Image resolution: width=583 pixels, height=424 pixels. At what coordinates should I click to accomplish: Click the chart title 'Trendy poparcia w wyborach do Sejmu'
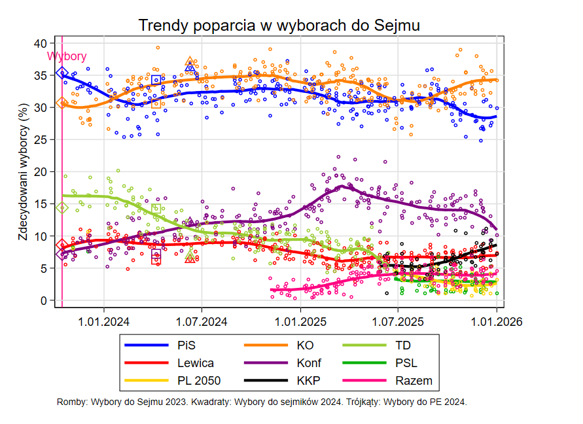279,25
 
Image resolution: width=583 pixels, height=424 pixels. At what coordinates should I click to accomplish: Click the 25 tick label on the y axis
40,139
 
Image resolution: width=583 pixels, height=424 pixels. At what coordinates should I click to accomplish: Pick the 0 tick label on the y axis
43,300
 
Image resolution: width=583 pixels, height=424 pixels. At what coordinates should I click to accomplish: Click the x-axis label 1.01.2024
103,321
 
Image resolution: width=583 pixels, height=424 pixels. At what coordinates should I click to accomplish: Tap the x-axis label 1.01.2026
495,321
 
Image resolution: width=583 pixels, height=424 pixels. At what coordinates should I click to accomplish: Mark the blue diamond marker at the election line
62,73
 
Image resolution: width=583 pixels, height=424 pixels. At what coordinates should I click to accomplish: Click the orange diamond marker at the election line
62,103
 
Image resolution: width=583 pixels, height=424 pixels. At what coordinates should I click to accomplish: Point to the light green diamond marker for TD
62,208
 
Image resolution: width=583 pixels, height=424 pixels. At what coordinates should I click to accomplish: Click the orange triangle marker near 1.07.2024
190,62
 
